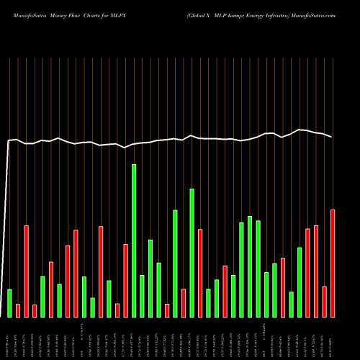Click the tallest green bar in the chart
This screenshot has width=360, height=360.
coord(134,240)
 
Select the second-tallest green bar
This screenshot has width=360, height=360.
coord(192,253)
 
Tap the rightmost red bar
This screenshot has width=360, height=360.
coord(333,263)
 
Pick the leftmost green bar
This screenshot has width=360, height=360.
coord(9,302)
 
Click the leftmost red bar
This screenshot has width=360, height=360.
coord(18,310)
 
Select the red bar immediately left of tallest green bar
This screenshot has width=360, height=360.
coord(125,280)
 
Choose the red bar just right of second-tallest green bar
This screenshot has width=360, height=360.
coord(200,273)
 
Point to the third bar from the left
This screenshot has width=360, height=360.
coord(26,271)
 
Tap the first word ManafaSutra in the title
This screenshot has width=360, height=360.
coord(27,14)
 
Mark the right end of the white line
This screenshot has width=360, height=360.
coord(332,137)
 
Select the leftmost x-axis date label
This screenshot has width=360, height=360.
coord(9,338)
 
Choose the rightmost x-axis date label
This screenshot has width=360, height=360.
coord(333,338)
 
